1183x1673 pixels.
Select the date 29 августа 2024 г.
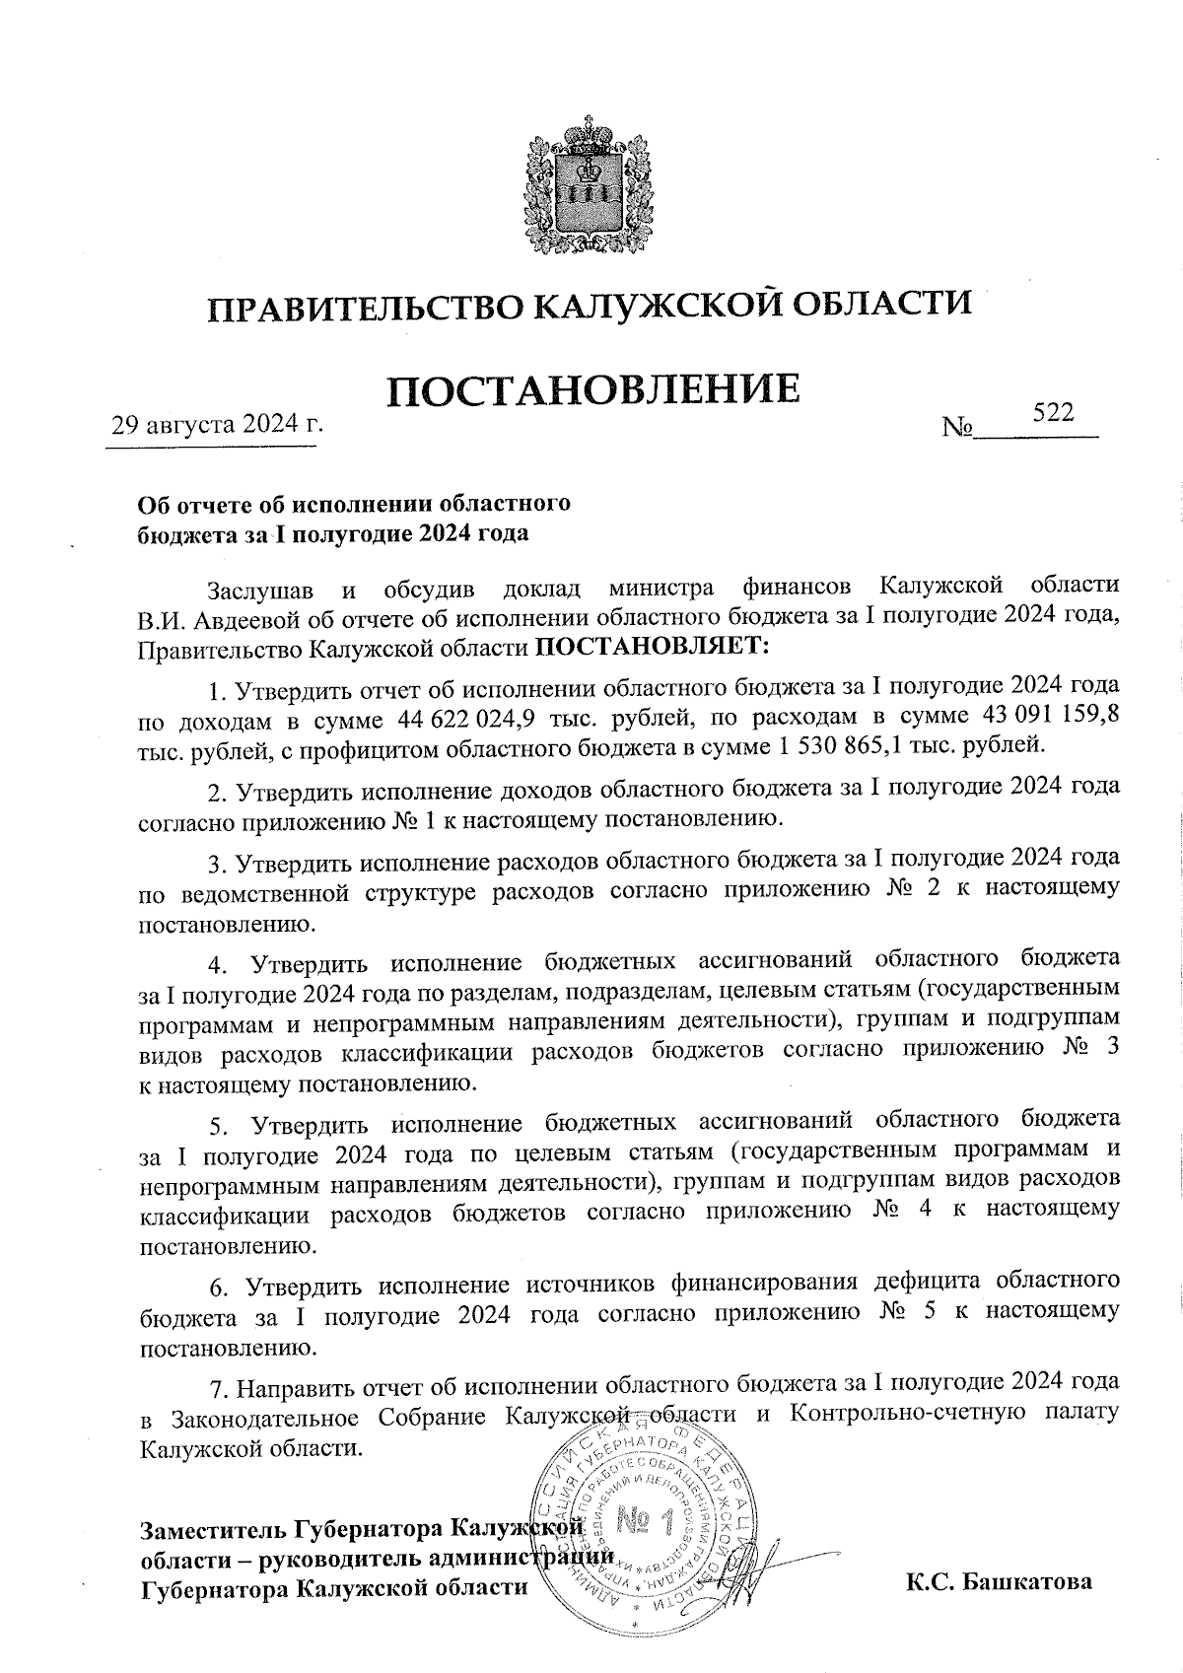pyautogui.click(x=218, y=426)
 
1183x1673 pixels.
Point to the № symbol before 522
pyautogui.click(x=957, y=428)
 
